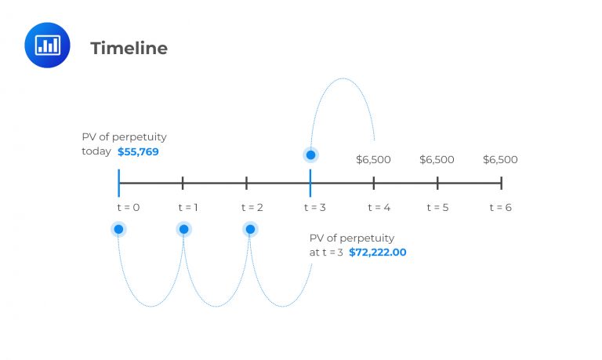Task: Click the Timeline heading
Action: (129, 48)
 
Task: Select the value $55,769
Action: (138, 151)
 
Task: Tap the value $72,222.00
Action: (378, 253)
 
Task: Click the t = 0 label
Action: (119, 207)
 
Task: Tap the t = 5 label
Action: (437, 207)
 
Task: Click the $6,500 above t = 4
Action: (373, 159)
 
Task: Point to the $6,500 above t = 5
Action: (437, 159)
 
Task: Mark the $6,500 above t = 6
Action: (500, 159)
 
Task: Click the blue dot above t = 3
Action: (310, 155)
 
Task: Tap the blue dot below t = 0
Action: (118, 229)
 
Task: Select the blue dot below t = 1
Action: (183, 229)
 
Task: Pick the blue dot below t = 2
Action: (250, 229)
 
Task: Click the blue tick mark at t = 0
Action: (118, 183)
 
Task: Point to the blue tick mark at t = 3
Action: (310, 183)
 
